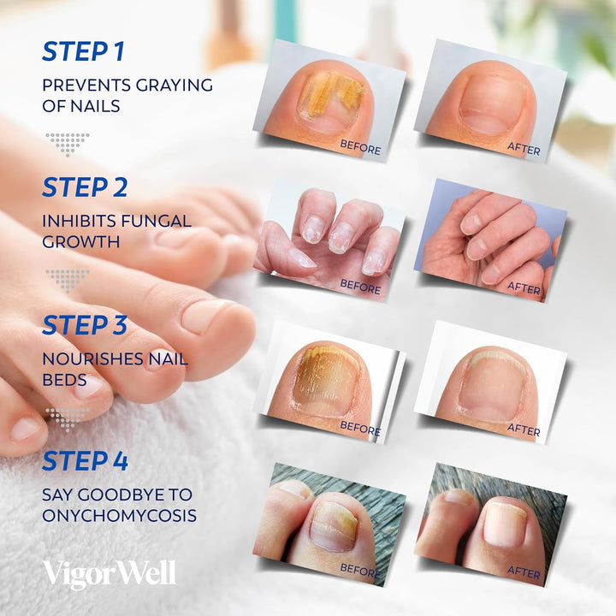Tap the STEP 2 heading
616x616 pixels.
(x=84, y=187)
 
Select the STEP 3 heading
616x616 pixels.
(x=84, y=325)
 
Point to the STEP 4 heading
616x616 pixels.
(x=85, y=461)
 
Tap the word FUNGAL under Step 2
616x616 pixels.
(x=158, y=221)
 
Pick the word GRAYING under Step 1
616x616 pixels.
(x=173, y=85)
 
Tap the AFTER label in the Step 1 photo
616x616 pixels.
(x=524, y=150)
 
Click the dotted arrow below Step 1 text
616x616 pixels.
(x=67, y=143)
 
